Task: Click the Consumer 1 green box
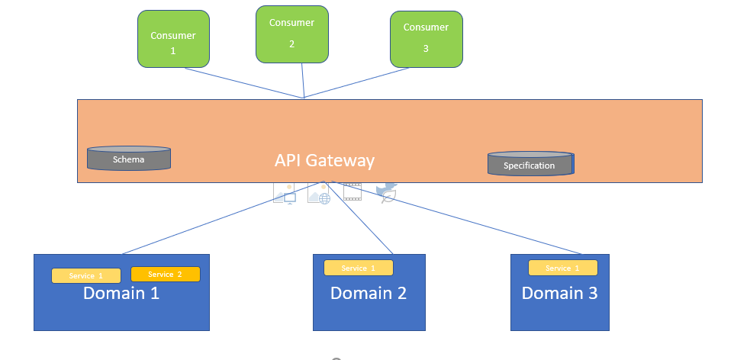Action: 173,38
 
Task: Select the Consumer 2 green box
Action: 291,34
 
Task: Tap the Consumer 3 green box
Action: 426,39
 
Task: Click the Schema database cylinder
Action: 128,158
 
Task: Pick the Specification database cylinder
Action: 530,163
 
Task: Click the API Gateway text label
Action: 324,161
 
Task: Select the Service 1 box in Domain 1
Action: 86,275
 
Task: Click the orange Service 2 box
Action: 166,274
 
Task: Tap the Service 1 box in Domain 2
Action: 358,268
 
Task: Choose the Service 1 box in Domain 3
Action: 562,268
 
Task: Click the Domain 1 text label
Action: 121,293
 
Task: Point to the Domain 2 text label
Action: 369,293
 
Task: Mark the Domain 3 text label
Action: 559,293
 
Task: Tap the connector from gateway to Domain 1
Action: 221,218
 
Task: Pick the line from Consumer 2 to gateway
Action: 303,80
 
